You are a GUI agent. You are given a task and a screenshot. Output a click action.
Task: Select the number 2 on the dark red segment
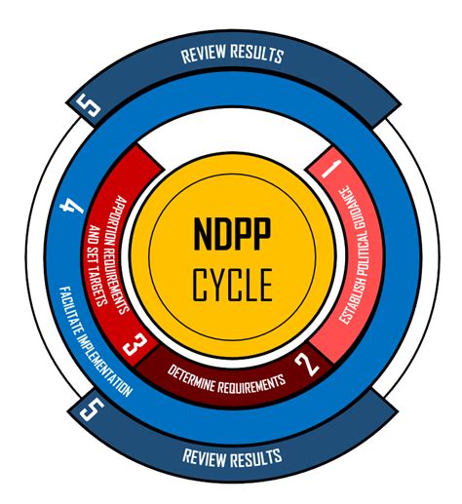[x=307, y=367]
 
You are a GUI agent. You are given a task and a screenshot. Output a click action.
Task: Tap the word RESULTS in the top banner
[x=258, y=56]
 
